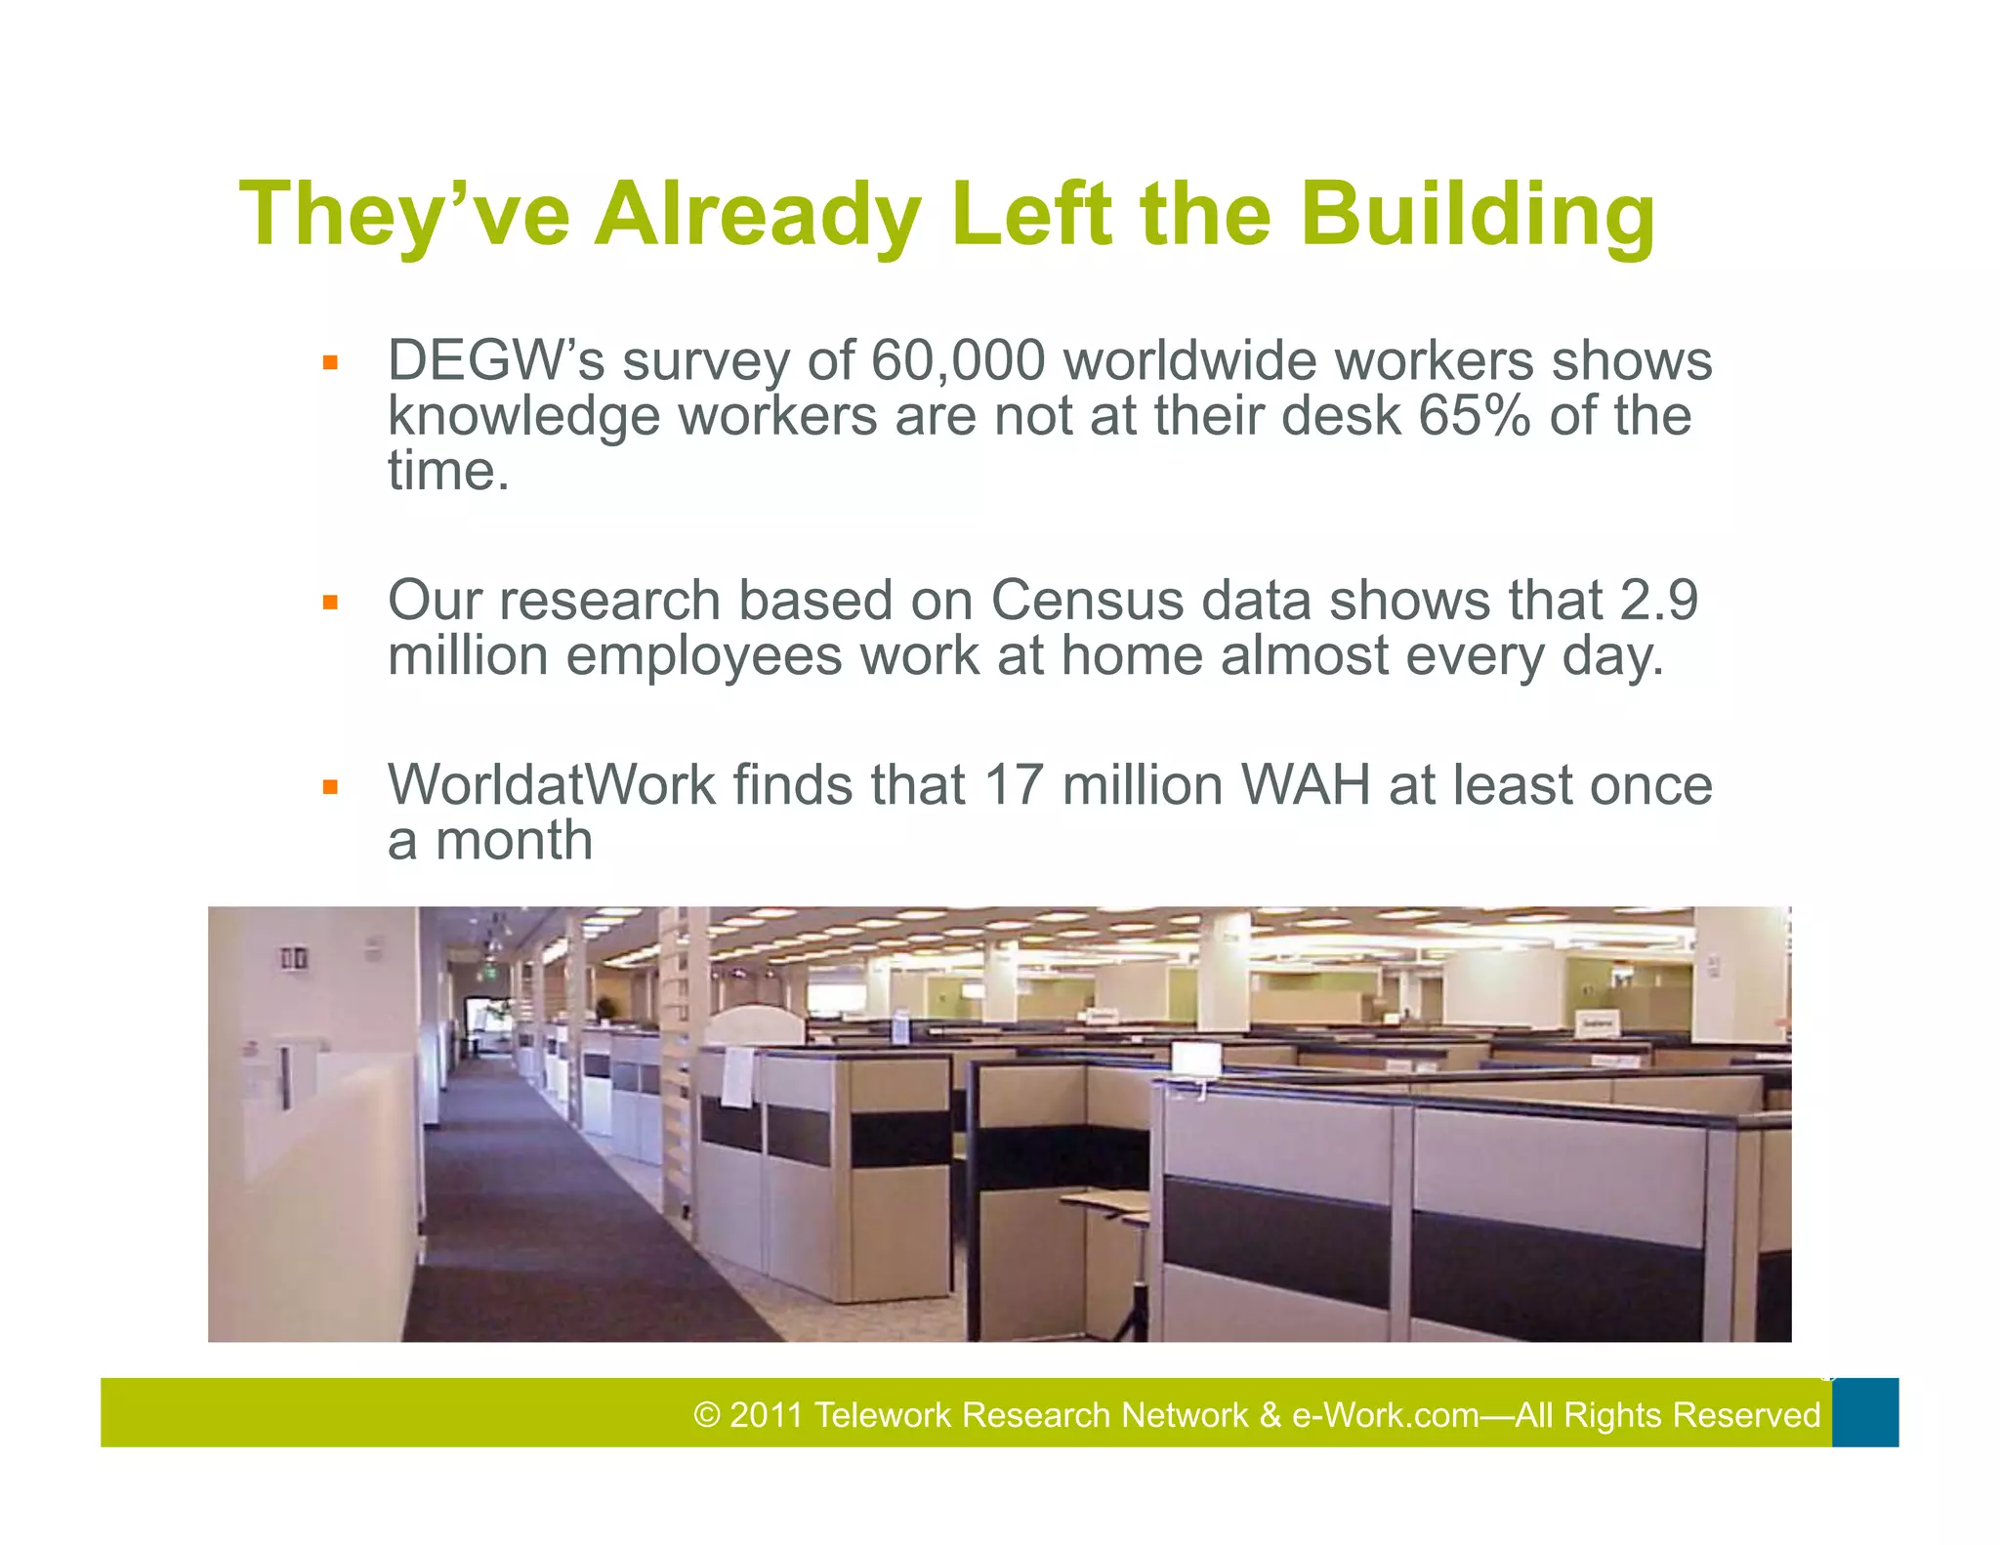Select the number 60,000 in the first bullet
[957, 360]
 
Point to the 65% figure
[1475, 415]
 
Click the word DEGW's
[496, 360]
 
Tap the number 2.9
[1659, 600]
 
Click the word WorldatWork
[552, 784]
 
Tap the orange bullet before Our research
[330, 603]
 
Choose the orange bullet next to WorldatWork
[330, 787]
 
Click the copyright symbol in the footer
[706, 1415]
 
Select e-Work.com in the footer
[1385, 1415]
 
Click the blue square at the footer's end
[1865, 1412]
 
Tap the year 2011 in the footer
[767, 1415]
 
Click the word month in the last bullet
[514, 840]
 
